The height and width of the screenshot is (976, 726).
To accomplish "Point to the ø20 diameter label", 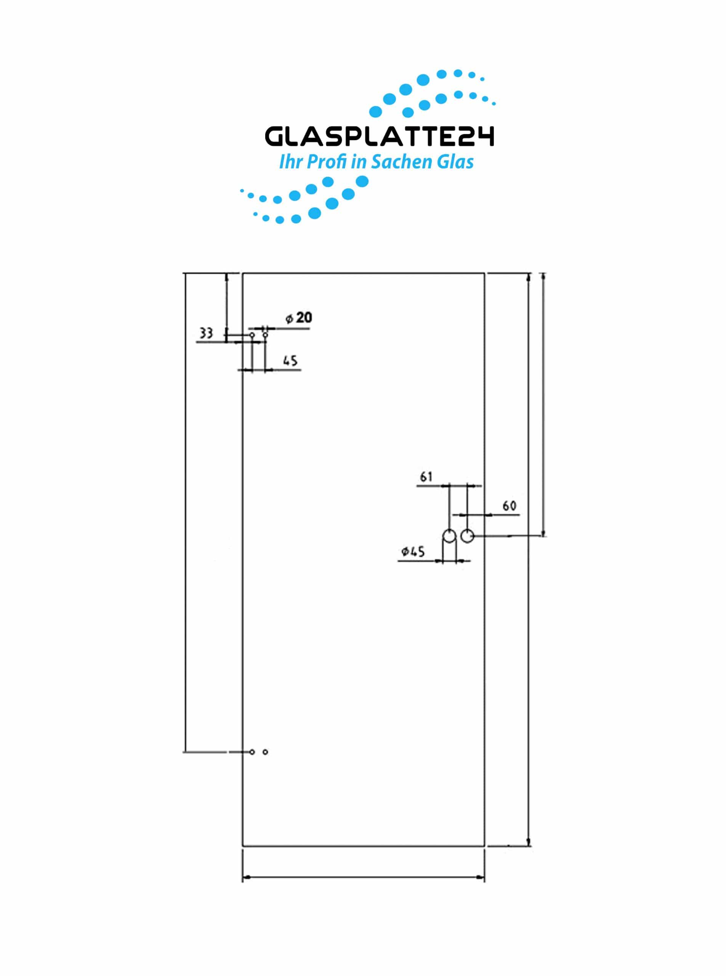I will point(299,318).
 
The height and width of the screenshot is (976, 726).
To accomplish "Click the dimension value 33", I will point(206,333).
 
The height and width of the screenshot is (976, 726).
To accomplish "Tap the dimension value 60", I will point(509,506).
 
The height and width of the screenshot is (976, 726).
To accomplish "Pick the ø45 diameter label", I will point(413,551).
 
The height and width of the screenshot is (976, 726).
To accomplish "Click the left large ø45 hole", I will point(449,536).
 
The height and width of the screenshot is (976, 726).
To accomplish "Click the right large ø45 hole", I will point(467,536).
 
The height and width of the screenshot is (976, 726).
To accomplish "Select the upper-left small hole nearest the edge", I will point(252,335).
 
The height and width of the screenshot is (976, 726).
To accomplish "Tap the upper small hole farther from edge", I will point(265,335).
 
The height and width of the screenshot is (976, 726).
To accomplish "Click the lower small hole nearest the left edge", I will point(252,752).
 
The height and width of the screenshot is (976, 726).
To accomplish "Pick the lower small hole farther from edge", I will point(265,752).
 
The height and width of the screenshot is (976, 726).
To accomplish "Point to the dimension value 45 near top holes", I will point(290,361).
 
